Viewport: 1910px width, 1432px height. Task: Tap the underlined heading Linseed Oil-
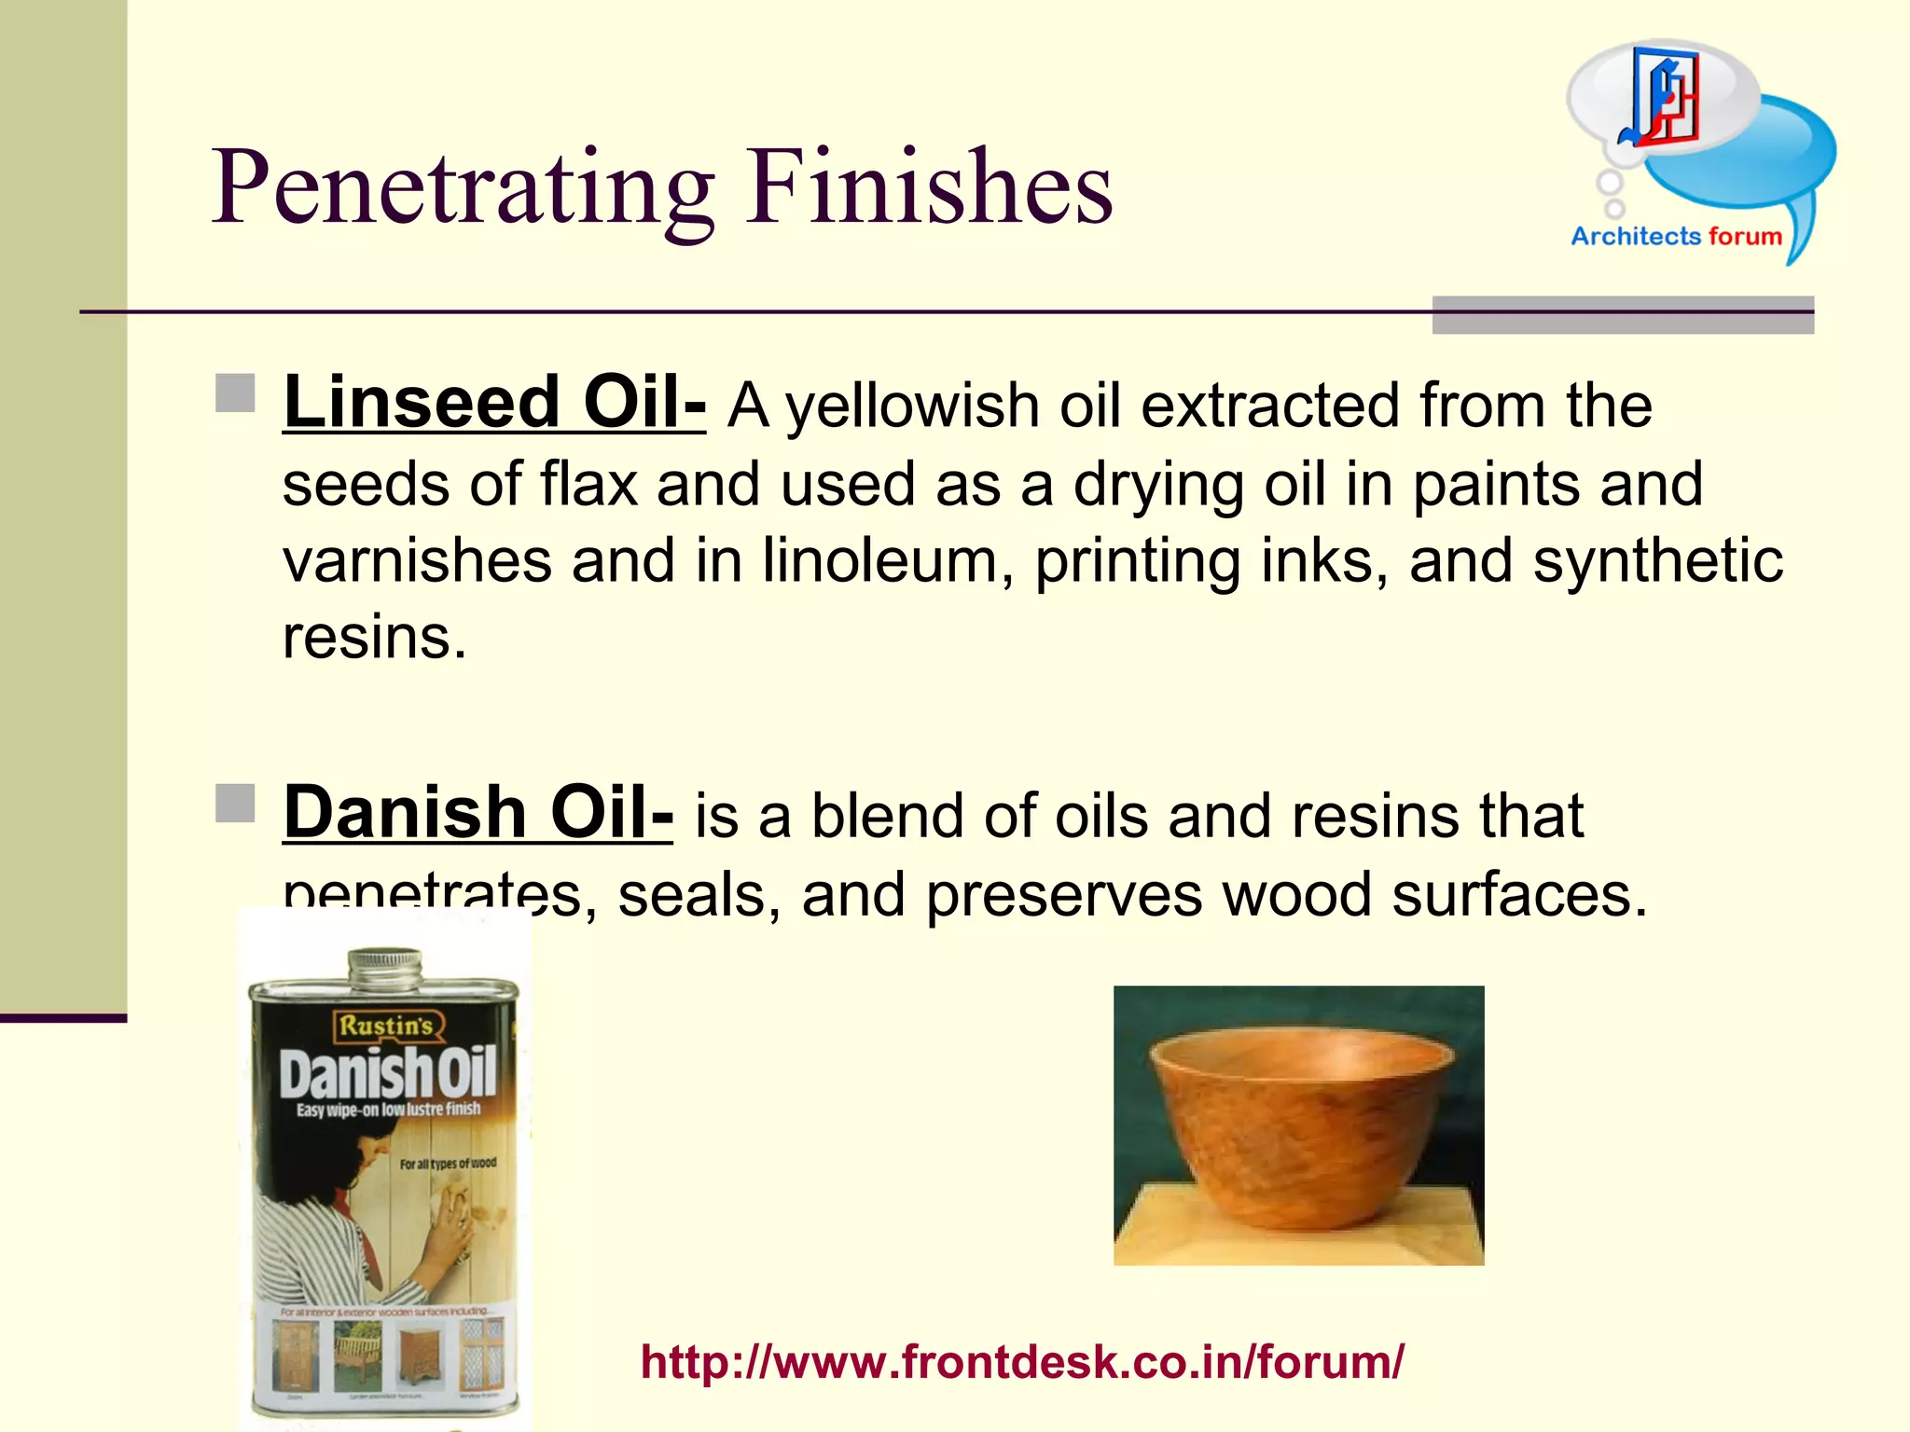click(494, 403)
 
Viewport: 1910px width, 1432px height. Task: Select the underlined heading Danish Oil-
click(477, 812)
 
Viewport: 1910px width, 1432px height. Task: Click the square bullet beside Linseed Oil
click(235, 393)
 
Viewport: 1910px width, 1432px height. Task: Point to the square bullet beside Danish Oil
click(235, 804)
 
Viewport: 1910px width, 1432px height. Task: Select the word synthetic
click(1658, 561)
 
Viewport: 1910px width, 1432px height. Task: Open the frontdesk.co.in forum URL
click(1022, 1361)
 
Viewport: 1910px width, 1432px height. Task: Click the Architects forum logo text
click(1676, 237)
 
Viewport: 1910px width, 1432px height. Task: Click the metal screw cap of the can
click(383, 966)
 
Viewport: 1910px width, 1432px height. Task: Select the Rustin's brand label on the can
click(385, 1026)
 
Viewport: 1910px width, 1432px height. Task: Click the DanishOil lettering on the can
click(387, 1074)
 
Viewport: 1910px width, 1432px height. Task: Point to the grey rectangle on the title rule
click(1623, 315)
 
